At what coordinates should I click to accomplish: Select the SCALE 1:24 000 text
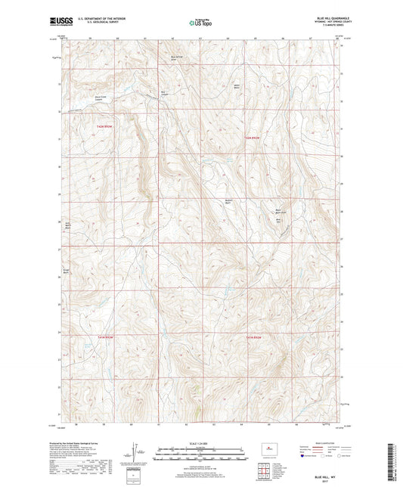coord(200,443)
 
